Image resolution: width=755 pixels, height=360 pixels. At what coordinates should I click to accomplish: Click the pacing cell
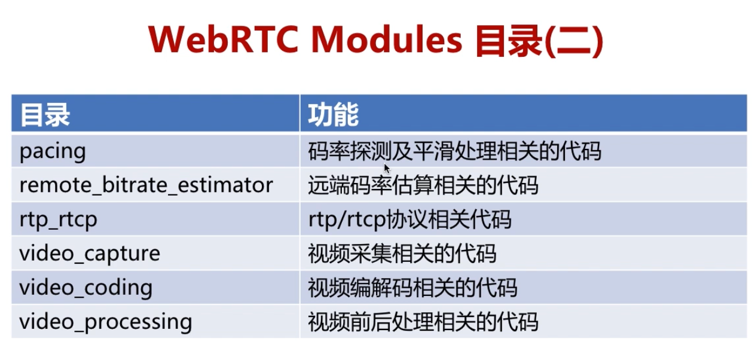tap(53, 151)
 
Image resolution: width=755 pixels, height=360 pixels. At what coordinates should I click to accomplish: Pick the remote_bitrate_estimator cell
tap(146, 185)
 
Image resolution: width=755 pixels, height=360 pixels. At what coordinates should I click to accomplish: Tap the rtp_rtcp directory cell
tap(58, 219)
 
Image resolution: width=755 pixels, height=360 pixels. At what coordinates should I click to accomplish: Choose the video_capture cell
tap(90, 254)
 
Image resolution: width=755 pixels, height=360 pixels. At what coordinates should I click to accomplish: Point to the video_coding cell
tap(85, 288)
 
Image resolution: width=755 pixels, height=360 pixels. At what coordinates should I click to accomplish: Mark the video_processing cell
tap(105, 322)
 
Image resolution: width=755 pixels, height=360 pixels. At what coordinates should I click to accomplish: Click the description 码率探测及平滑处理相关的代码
tap(454, 151)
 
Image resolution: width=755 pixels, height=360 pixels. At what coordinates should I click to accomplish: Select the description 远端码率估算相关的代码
tap(423, 185)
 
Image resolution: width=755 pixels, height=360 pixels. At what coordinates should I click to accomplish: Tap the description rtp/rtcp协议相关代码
tap(409, 219)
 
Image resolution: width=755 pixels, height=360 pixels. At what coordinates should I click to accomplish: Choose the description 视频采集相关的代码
tap(402, 254)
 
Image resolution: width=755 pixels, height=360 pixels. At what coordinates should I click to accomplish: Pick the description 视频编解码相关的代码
tap(412, 288)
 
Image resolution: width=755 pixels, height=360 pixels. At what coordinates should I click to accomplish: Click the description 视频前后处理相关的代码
tap(423, 322)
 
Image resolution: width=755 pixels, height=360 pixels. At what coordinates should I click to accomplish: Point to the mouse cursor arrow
tap(387, 168)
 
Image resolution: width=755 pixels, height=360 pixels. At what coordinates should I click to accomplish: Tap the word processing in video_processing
tap(138, 322)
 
